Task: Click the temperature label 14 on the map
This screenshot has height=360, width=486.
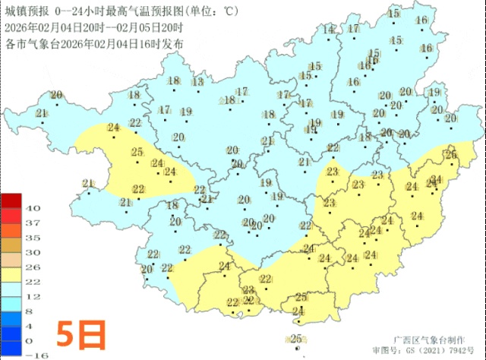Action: pos(329,30)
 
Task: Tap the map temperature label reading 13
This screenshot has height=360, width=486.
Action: pos(198,82)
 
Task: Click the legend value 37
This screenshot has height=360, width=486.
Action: pos(33,223)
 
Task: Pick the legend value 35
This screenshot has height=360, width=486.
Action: pos(33,237)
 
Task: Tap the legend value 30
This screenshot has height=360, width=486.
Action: pos(33,252)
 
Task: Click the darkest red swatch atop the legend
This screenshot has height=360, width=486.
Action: pos(11,201)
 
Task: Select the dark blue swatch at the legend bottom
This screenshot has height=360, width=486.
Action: pos(11,347)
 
